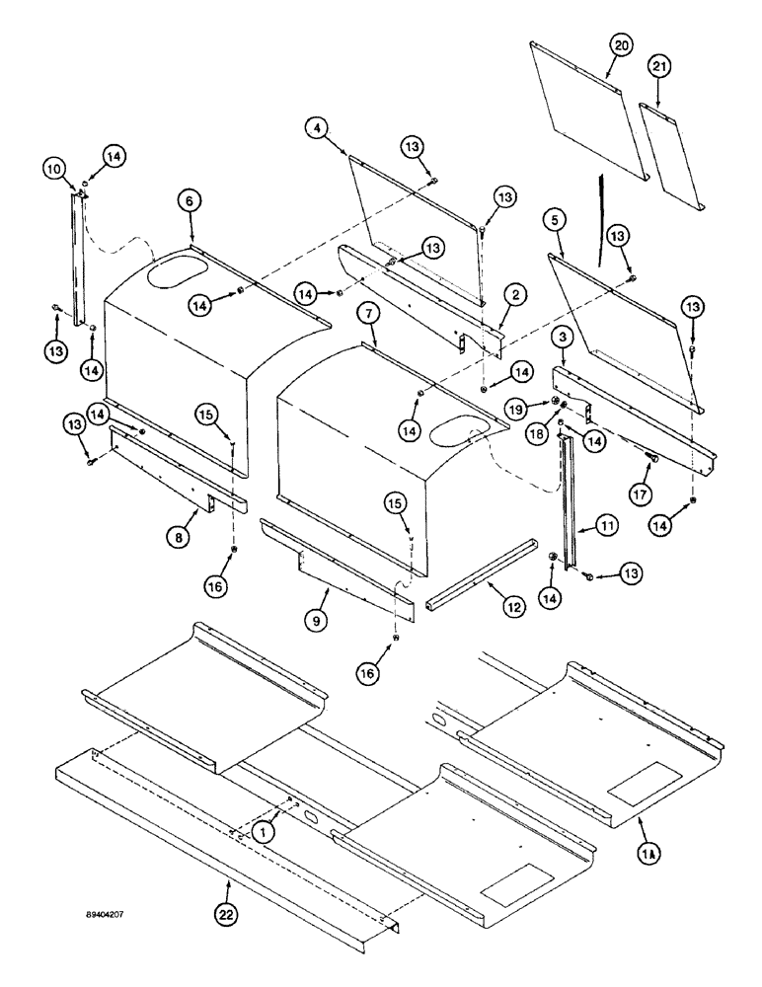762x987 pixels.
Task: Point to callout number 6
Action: pyautogui.click(x=190, y=199)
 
